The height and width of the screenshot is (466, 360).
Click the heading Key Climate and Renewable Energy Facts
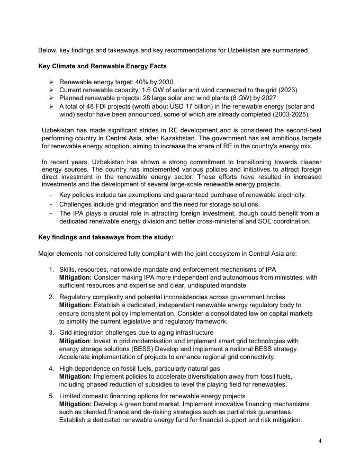coord(102,66)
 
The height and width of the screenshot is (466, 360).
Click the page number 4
coord(320,441)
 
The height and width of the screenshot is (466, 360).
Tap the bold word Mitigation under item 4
coord(75,377)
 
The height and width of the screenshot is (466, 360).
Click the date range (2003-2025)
coord(292,114)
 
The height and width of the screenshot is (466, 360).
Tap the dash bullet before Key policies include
coord(51,195)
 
